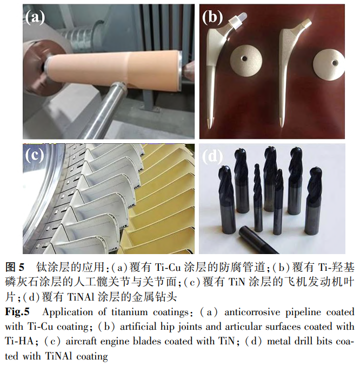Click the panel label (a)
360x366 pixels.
pyautogui.click(x=35, y=18)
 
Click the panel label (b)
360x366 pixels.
pyautogui.click(x=212, y=17)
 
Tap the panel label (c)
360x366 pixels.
pyautogui.click(x=35, y=156)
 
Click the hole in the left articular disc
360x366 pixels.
pyautogui.click(x=244, y=58)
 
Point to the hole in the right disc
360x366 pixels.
pyautogui.click(x=335, y=63)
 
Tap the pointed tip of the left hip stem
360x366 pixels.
pyautogui.click(x=210, y=128)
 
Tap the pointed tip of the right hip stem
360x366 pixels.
pyautogui.click(x=282, y=127)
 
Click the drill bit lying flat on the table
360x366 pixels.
pyautogui.click(x=258, y=241)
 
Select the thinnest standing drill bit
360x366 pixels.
pyautogui.click(x=258, y=198)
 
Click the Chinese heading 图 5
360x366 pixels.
pyautogui.click(x=15, y=267)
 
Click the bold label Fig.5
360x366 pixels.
pyautogui.click(x=17, y=312)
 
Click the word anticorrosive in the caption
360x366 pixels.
pyautogui.click(x=252, y=312)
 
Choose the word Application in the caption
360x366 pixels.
pyautogui.click(x=68, y=312)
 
